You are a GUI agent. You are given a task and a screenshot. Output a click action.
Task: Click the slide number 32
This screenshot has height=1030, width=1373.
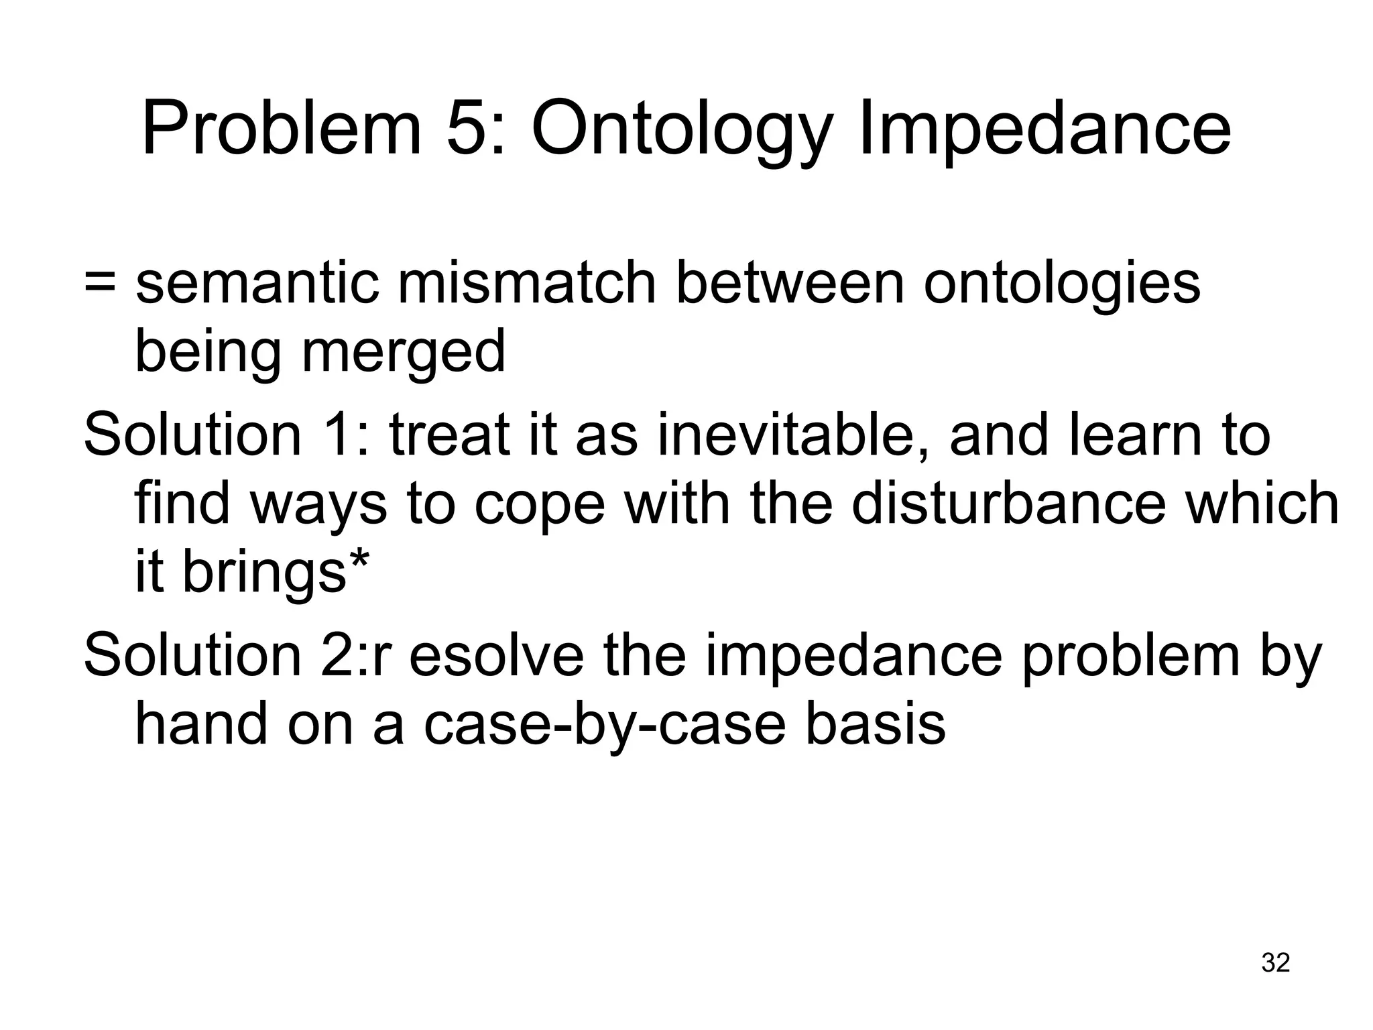[1275, 963]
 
